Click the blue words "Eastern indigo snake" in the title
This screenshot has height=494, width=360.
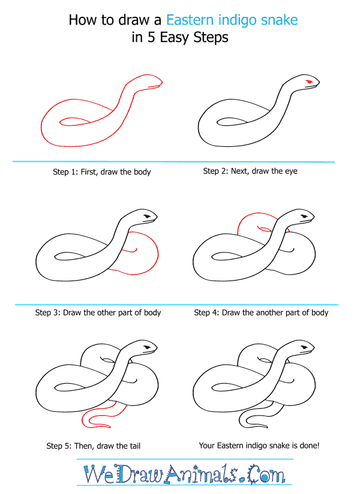tap(232, 20)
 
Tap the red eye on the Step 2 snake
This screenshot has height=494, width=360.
tap(309, 82)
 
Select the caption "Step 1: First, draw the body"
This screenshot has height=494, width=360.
tap(102, 171)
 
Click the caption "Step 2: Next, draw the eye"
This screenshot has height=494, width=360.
tap(250, 171)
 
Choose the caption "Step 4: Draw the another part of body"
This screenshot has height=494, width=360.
tap(261, 312)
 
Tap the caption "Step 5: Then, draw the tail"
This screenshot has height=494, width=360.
tap(94, 446)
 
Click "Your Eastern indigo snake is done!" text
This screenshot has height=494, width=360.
tap(259, 445)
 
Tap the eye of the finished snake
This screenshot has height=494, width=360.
tap(304, 347)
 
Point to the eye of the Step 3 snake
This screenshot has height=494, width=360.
tap(147, 216)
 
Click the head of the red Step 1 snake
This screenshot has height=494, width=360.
tap(151, 81)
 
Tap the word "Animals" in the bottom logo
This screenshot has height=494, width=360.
tap(201, 474)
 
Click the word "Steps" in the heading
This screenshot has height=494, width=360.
tap(211, 38)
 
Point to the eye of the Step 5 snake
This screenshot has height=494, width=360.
tap(147, 347)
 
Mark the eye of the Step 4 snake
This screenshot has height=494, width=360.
tap(304, 216)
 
